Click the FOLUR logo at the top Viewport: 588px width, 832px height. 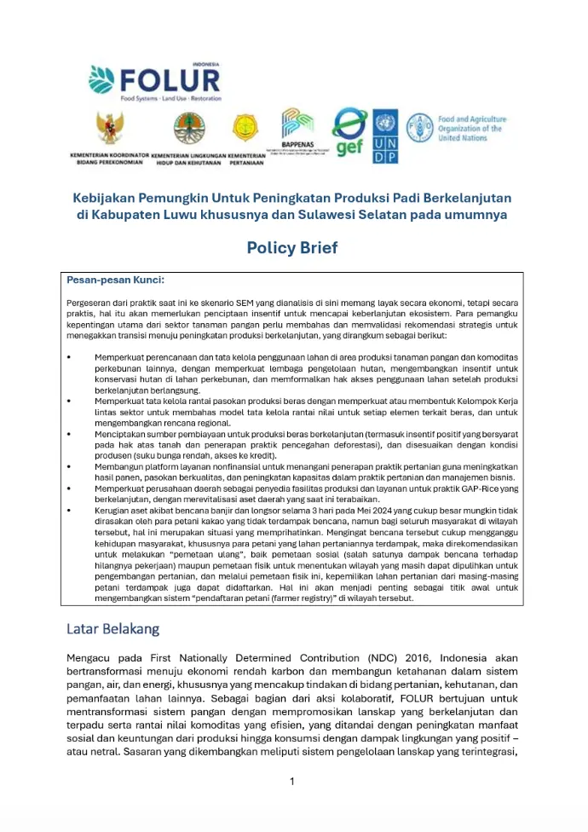coord(154,80)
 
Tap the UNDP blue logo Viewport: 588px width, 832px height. coord(385,136)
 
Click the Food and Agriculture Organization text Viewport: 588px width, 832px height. coord(471,129)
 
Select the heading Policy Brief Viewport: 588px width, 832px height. coord(291,248)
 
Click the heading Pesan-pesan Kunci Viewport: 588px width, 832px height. coord(115,280)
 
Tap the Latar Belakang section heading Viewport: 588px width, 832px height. coord(112,629)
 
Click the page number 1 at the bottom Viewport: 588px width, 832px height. coord(291,781)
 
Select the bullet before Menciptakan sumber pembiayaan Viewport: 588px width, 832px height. coord(69,434)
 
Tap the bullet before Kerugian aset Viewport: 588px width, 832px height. coord(69,509)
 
